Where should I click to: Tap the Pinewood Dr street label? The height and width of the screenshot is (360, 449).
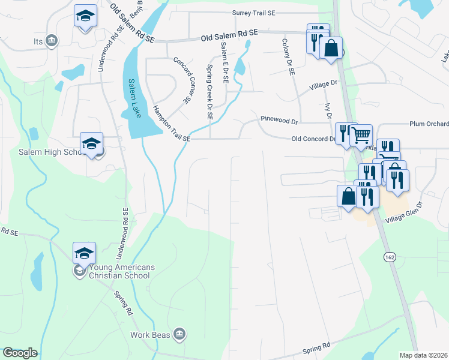[279, 120]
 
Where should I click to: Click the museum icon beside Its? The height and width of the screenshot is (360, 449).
[52, 40]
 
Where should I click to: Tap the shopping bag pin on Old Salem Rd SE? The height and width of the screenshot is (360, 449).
[331, 48]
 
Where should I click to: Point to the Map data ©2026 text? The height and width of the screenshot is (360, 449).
[423, 355]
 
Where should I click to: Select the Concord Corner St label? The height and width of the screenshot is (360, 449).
[181, 80]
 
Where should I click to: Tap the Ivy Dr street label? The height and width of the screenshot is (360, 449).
[328, 111]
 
